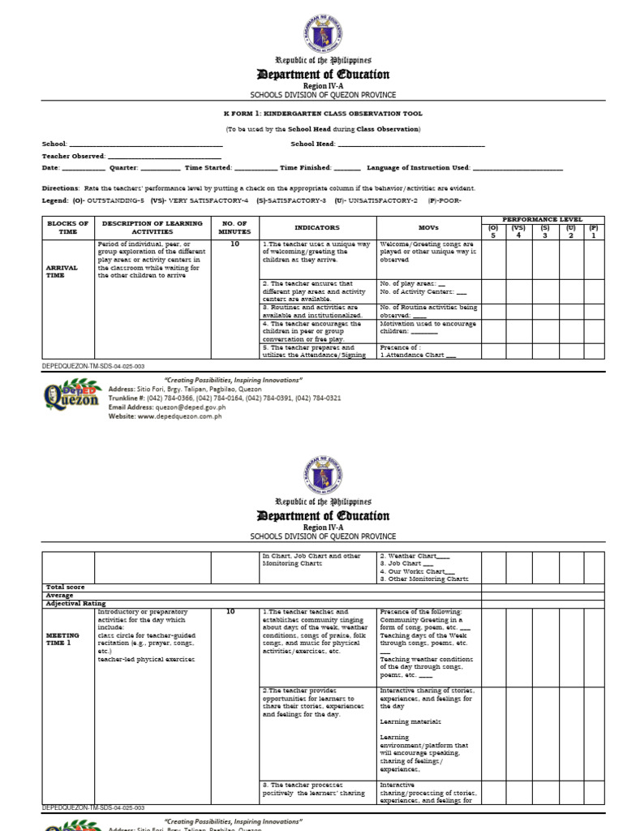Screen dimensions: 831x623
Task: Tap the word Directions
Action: click(x=61, y=187)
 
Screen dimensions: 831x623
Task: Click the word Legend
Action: click(x=55, y=200)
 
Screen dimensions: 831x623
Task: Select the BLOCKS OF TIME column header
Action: click(x=67, y=227)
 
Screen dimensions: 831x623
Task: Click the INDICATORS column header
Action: click(x=317, y=228)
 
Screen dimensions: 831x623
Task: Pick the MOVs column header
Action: click(x=428, y=228)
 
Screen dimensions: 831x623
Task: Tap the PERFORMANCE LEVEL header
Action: click(x=542, y=220)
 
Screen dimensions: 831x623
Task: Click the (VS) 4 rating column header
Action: click(x=518, y=231)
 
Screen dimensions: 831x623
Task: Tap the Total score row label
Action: click(x=65, y=587)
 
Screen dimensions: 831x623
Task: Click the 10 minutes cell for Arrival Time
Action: click(x=234, y=243)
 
